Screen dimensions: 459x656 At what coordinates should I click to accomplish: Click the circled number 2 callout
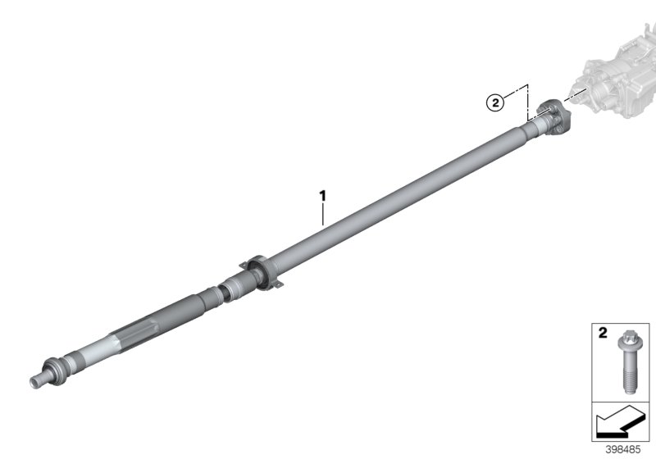point(494,102)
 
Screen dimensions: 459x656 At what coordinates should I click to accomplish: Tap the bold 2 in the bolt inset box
point(602,334)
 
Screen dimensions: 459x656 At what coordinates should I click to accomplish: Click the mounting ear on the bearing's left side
point(243,264)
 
